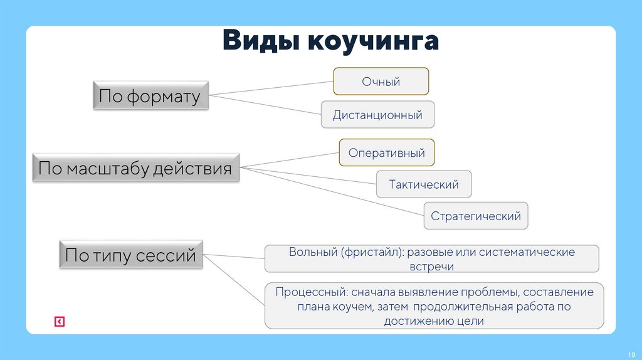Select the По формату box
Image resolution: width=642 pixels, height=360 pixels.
[x=150, y=97]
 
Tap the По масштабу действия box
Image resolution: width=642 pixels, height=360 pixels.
[x=135, y=168]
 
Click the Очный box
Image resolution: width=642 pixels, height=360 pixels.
[x=381, y=82]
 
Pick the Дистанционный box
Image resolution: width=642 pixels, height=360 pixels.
[x=377, y=115]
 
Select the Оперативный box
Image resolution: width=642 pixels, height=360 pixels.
[x=387, y=153]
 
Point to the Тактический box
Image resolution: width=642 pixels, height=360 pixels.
[x=424, y=184]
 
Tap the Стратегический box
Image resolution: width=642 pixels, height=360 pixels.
[x=476, y=216]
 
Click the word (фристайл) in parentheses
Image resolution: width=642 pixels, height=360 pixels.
[x=374, y=252]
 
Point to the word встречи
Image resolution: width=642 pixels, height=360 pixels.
[x=431, y=266]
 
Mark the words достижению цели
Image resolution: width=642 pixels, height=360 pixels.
[x=434, y=321]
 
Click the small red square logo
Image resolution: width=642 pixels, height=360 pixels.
[x=60, y=322]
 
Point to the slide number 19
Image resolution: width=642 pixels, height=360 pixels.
[x=631, y=352]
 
